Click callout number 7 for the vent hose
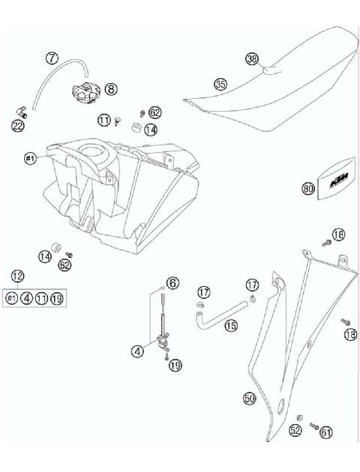52,57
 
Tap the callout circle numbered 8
111,88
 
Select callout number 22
17,127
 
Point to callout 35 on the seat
220,85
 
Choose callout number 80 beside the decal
307,190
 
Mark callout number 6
172,282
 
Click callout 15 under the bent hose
231,326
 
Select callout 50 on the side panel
250,399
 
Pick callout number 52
295,431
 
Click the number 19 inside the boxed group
58,298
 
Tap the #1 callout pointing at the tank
31,158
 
